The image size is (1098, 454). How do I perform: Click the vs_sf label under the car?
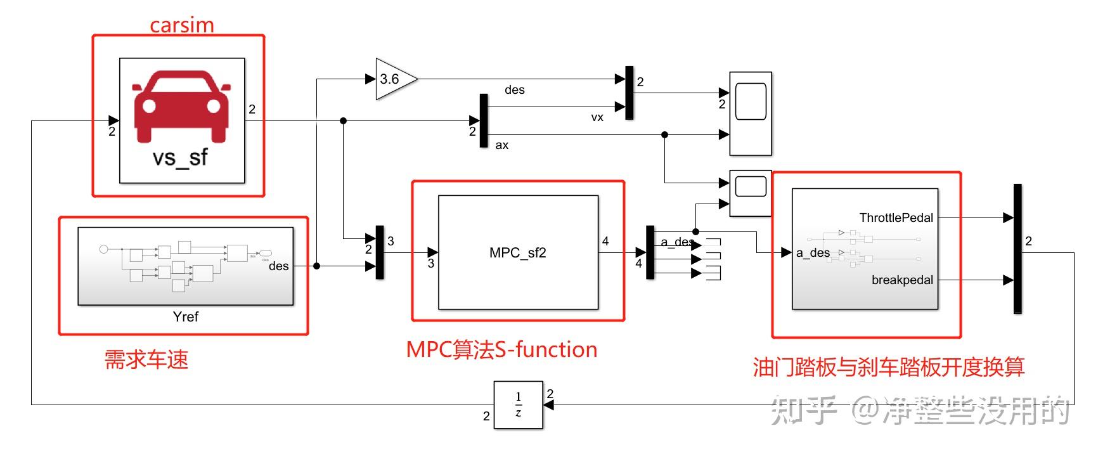click(x=180, y=157)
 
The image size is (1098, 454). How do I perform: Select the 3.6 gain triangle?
click(x=393, y=79)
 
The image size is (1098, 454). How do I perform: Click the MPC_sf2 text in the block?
click(x=517, y=253)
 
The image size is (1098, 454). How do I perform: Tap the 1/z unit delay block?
click(x=518, y=405)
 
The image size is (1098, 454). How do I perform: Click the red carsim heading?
click(x=181, y=25)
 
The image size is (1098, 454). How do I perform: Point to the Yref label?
click(x=185, y=317)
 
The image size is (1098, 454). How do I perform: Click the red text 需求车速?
click(x=146, y=360)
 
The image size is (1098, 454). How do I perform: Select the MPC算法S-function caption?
click(x=501, y=350)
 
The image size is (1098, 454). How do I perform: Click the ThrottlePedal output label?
click(x=895, y=218)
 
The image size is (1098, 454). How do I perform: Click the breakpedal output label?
click(x=901, y=280)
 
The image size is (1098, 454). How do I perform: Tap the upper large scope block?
click(x=751, y=113)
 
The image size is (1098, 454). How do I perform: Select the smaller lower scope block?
click(x=751, y=193)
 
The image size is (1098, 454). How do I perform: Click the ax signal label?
click(x=501, y=145)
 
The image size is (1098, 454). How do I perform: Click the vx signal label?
click(x=597, y=117)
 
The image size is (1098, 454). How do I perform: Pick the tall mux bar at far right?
click(x=1017, y=249)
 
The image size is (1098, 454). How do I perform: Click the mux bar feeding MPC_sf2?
click(x=380, y=252)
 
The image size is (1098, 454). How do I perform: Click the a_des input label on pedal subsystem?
click(x=813, y=253)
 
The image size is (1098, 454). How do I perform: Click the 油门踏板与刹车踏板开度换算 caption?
click(x=888, y=367)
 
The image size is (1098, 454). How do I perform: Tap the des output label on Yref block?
click(x=278, y=266)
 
